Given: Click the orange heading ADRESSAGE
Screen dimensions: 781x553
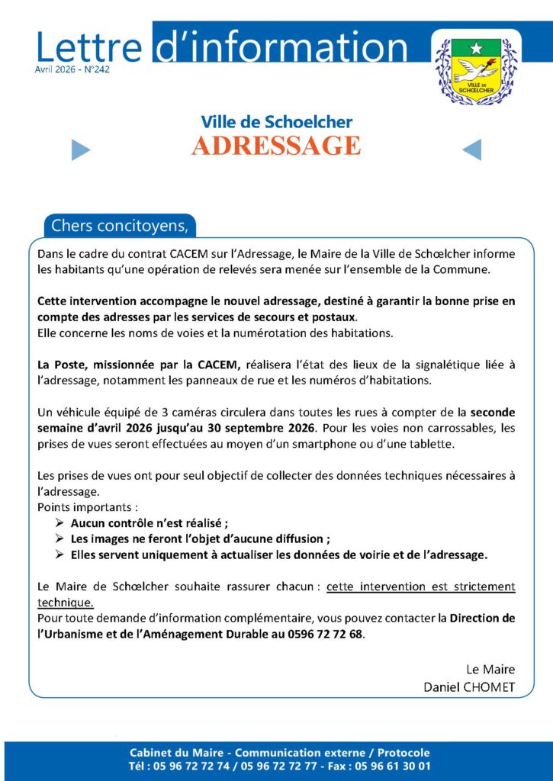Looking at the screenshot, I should click(x=276, y=146).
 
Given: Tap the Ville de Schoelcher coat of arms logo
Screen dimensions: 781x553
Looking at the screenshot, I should click(x=475, y=69).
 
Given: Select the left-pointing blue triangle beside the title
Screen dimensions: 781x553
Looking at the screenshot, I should click(x=471, y=150).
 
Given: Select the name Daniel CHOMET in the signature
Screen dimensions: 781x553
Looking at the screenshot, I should click(x=469, y=686).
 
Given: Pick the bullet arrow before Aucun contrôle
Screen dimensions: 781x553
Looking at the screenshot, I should click(x=61, y=523).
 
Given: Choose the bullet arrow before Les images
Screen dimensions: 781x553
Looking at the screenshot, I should click(x=61, y=539).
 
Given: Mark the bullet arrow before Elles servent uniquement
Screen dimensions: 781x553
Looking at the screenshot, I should click(x=61, y=555).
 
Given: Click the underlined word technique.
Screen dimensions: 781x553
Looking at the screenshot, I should click(x=66, y=603).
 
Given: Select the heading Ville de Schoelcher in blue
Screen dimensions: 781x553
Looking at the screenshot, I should click(x=276, y=121).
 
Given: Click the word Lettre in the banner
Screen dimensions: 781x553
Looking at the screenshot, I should click(x=88, y=47).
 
